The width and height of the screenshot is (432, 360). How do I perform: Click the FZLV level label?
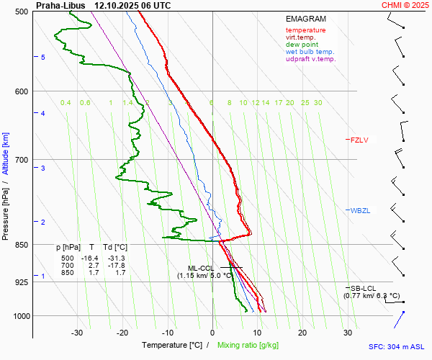359,140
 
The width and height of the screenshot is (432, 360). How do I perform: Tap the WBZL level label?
360,210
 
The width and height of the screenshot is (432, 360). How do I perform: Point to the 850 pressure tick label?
20,245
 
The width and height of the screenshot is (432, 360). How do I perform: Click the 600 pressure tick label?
20,91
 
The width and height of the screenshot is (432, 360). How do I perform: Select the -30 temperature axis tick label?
77,333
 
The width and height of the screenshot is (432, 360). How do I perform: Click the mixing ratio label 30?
318,103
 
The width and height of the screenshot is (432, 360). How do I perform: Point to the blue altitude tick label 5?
42,57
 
